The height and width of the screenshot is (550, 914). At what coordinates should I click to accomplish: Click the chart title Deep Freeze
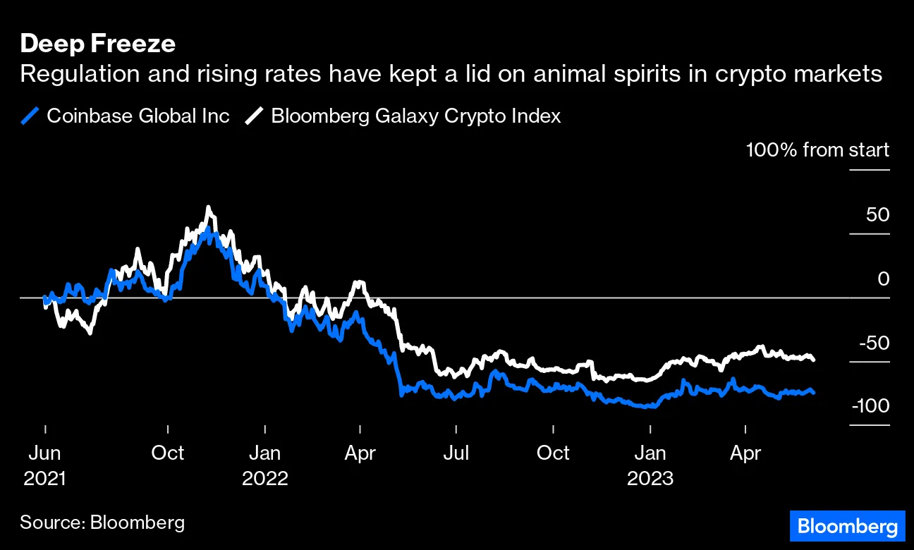tap(98, 44)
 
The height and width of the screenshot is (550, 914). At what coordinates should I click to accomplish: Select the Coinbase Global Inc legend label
tap(138, 116)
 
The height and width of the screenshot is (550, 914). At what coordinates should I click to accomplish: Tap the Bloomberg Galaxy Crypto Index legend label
tap(415, 116)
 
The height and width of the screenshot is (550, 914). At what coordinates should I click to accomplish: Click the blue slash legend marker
tap(30, 116)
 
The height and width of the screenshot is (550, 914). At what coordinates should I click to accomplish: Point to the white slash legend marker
tap(255, 116)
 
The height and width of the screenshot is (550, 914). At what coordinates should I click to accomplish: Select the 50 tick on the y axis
tap(877, 214)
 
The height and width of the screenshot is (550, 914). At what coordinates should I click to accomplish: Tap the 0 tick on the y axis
tap(883, 279)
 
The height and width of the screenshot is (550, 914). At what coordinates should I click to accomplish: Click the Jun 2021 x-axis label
tap(44, 465)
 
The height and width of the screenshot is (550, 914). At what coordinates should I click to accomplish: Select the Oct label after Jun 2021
tap(168, 453)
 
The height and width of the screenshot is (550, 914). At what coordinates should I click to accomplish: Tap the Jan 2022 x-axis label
tap(265, 465)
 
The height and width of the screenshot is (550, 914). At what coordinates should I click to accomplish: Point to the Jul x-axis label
tap(456, 453)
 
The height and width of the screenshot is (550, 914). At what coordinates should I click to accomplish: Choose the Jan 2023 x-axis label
tap(650, 465)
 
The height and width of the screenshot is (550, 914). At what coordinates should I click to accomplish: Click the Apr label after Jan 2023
tap(745, 453)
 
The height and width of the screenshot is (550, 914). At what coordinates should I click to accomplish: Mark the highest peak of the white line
tap(208, 207)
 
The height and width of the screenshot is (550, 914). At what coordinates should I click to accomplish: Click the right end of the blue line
tap(814, 392)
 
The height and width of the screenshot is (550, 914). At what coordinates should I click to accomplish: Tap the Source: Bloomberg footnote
tap(102, 522)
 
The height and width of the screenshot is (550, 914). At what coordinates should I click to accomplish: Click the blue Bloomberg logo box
tap(847, 527)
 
